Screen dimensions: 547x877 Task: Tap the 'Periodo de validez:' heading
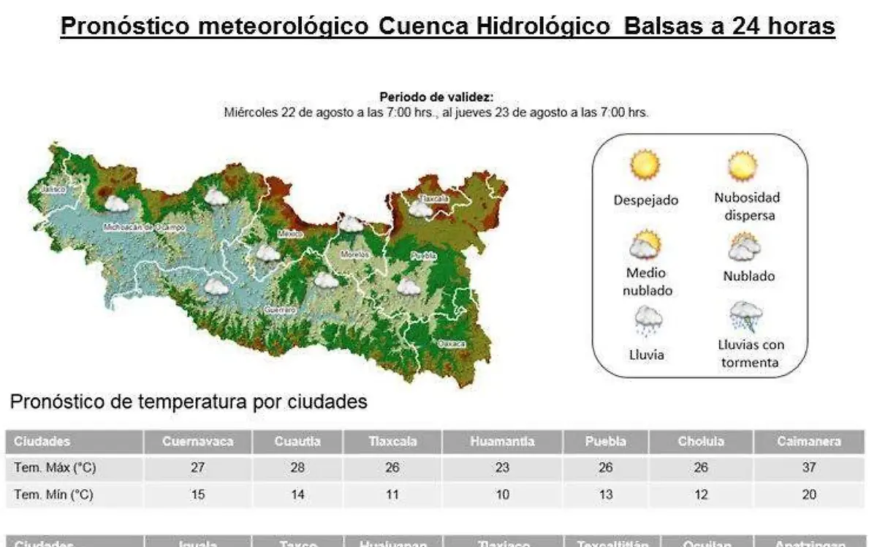[436, 97]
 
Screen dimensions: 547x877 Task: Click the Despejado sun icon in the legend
[645, 165]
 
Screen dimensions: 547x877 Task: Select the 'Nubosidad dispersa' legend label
[747, 206]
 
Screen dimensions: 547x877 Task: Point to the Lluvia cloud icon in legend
[648, 320]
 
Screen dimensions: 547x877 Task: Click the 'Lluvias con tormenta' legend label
[750, 353]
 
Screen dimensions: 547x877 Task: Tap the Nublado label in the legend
[748, 276]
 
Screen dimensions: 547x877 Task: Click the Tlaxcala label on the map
[433, 198]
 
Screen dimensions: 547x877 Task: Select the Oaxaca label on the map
[451, 343]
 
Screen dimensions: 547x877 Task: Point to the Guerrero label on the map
[281, 309]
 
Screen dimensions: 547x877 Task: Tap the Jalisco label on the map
[53, 189]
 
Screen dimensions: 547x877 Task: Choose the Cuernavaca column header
[197, 442]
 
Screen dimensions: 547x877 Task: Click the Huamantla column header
[502, 442]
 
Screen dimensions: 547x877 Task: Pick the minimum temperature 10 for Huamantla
[502, 495]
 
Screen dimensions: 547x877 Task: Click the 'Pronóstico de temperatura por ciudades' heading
[189, 402]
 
